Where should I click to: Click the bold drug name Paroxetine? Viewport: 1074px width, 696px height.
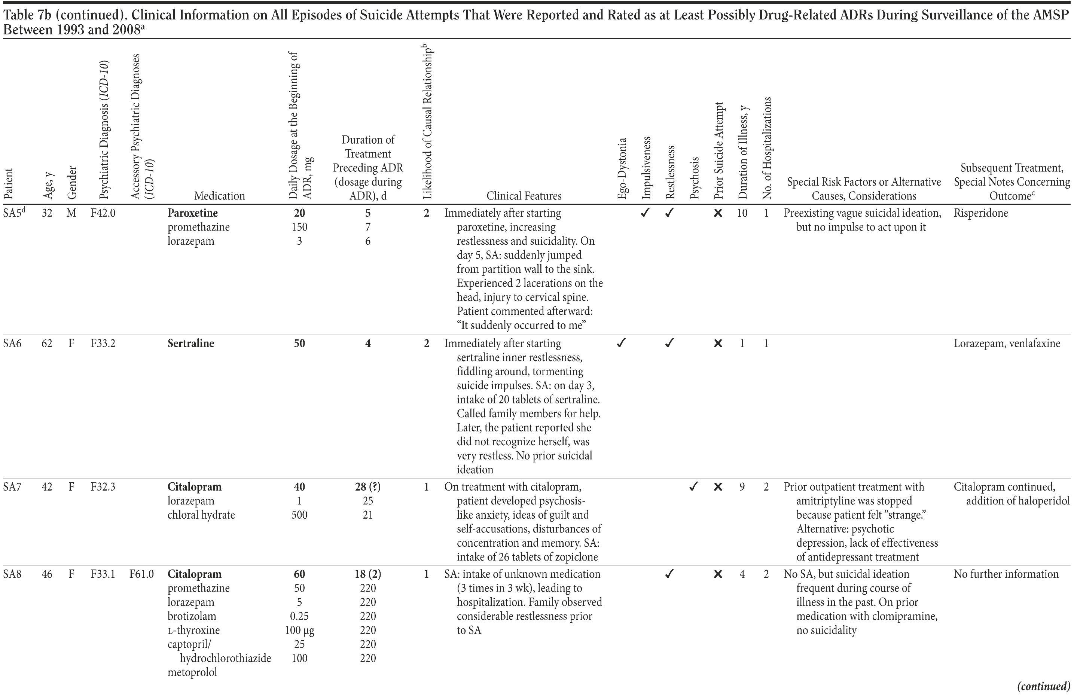pyautogui.click(x=193, y=213)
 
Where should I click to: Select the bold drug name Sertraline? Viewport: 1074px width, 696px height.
pyautogui.click(x=190, y=344)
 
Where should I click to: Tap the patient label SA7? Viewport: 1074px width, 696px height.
pyautogui.click(x=13, y=487)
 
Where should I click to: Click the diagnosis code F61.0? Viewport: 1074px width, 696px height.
pyautogui.click(x=141, y=574)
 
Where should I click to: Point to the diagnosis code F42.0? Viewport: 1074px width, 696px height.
pyautogui.click(x=103, y=213)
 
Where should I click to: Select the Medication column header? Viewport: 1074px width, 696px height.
pyautogui.click(x=219, y=196)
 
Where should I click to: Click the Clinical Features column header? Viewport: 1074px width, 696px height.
pyautogui.click(x=524, y=196)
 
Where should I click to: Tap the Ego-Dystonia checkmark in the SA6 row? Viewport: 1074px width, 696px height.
pyautogui.click(x=621, y=344)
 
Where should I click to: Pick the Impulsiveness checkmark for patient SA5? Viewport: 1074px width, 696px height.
pyautogui.click(x=645, y=213)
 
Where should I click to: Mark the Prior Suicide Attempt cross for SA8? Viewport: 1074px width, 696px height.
pyautogui.click(x=718, y=574)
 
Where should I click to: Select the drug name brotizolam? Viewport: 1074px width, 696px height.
pyautogui.click(x=192, y=616)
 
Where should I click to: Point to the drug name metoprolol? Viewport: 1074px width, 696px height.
pyautogui.click(x=192, y=672)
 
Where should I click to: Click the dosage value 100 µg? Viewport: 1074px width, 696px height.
pyautogui.click(x=299, y=630)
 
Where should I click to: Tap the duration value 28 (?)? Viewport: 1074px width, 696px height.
pyautogui.click(x=368, y=487)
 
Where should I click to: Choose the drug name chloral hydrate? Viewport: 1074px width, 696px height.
pyautogui.click(x=201, y=515)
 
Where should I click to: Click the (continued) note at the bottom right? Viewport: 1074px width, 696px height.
pyautogui.click(x=1043, y=687)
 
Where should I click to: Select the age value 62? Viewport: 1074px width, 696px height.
pyautogui.click(x=47, y=344)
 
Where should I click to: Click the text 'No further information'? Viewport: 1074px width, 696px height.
pyautogui.click(x=1006, y=574)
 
